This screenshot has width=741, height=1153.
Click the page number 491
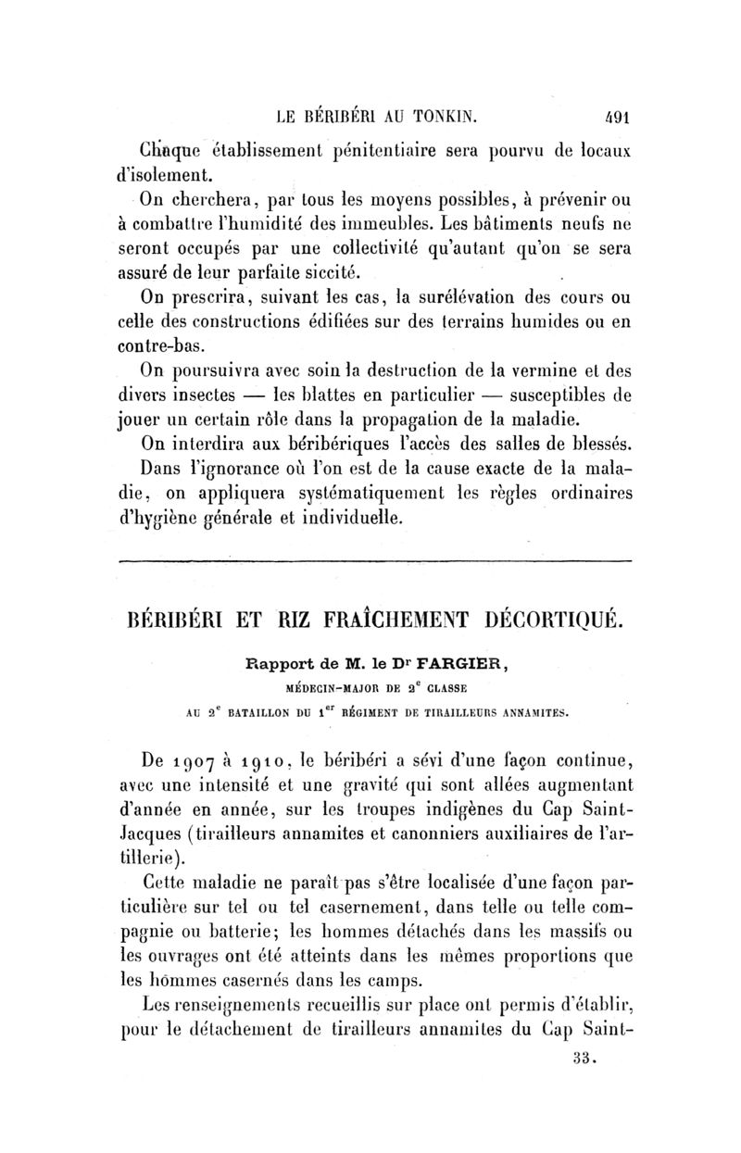[x=611, y=118]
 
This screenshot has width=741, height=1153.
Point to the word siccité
[x=330, y=273]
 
